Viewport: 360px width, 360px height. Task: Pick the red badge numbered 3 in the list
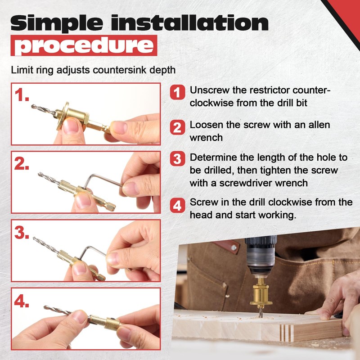(x=178, y=159)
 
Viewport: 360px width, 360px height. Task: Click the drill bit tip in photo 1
(x=34, y=107)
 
